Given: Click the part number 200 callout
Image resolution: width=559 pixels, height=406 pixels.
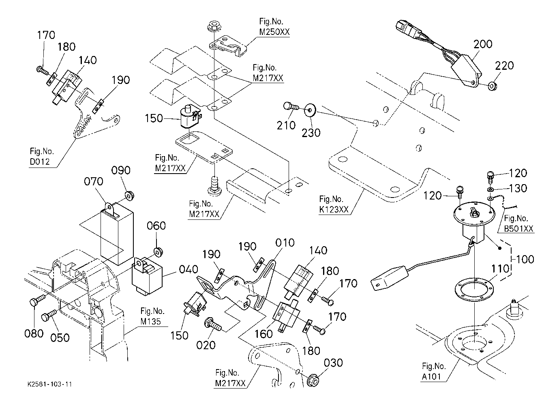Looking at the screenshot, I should point(483,44).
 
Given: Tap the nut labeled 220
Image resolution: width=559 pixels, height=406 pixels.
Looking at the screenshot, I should point(493,86).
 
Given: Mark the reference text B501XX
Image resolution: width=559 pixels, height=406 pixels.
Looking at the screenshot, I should point(518,229).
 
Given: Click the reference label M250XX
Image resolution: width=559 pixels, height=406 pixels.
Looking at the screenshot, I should point(275,32).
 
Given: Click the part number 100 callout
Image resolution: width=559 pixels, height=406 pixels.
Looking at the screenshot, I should point(525,259).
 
